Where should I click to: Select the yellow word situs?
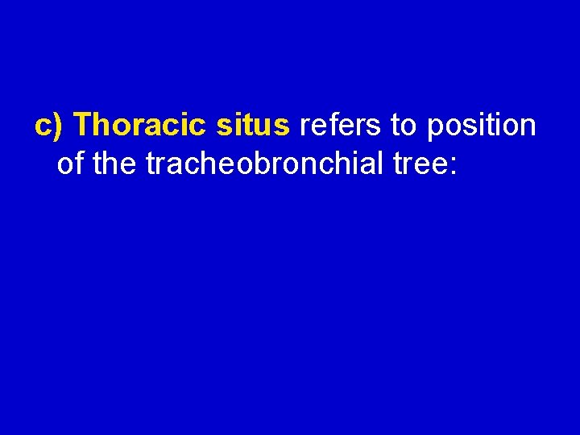coord(253,126)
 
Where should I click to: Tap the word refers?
coord(338,126)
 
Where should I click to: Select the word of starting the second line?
coord(71,165)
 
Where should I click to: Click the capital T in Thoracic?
coord(88,126)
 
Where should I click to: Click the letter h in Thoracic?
coord(106,126)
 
